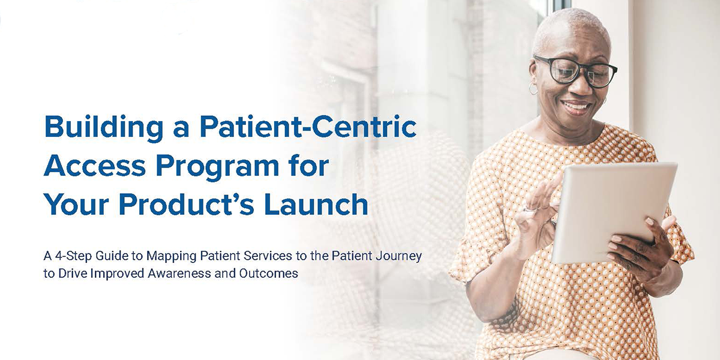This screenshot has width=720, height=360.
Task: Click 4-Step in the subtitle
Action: point(73,256)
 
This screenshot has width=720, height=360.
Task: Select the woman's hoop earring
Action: point(533,89)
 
